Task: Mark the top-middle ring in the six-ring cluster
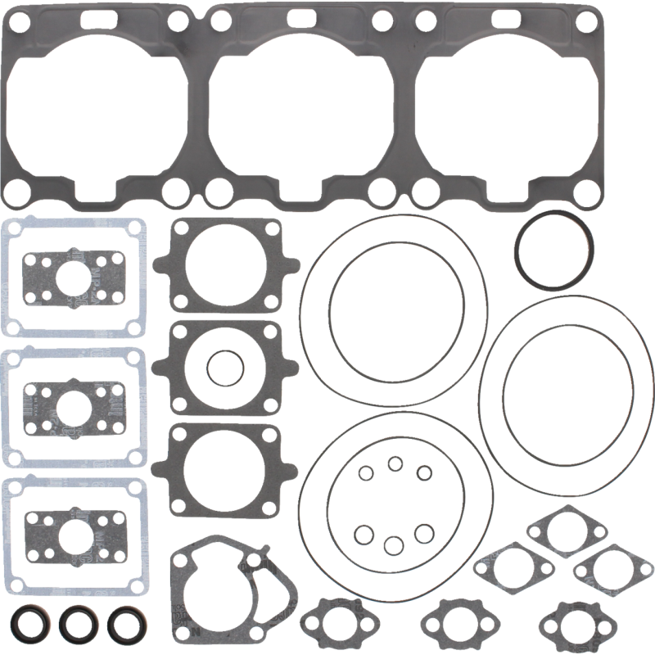click(x=395, y=464)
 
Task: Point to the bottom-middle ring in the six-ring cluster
click(x=395, y=544)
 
